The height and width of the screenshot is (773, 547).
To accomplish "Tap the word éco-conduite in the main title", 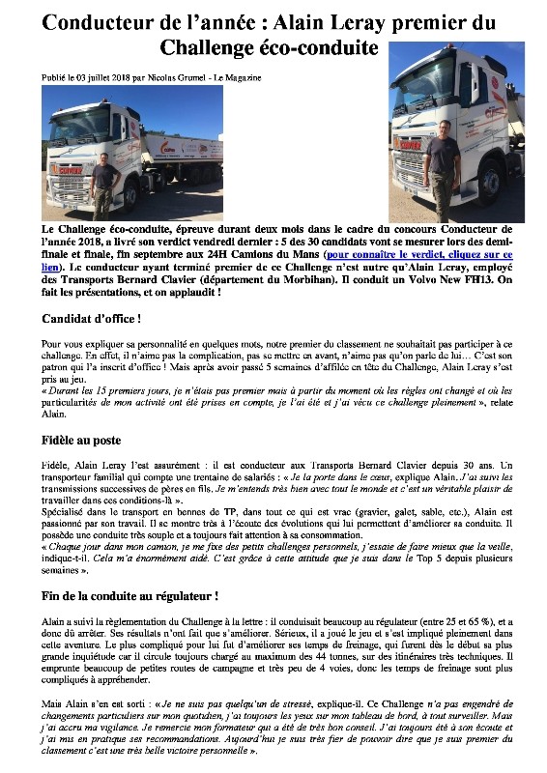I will click(324, 46).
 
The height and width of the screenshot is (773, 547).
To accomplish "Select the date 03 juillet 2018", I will click(102, 77).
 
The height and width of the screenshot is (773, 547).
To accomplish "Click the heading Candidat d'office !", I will click(92, 318).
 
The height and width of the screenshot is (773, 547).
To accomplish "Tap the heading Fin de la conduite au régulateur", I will click(130, 596).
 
